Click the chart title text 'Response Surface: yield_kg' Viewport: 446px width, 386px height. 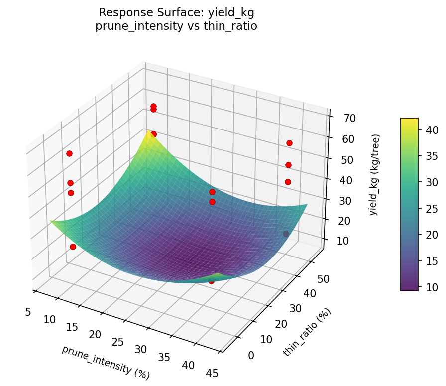(x=176, y=12)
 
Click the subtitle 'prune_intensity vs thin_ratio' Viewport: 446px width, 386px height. (x=176, y=26)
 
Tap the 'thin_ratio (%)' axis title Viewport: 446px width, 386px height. (x=307, y=332)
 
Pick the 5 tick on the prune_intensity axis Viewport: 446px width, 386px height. (x=27, y=312)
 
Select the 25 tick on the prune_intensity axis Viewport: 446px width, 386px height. (x=118, y=342)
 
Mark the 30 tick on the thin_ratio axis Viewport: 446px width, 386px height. (x=296, y=309)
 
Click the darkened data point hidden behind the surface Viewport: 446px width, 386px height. (x=286, y=234)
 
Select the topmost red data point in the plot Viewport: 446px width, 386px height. (x=154, y=106)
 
